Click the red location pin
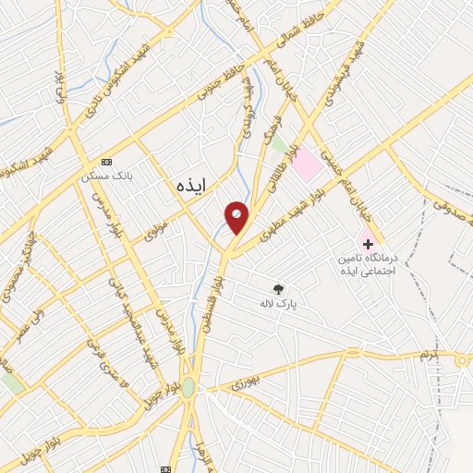(x=237, y=217)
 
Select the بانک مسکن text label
(x=100, y=176)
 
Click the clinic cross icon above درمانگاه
(x=369, y=244)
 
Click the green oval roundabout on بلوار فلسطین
(x=188, y=388)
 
